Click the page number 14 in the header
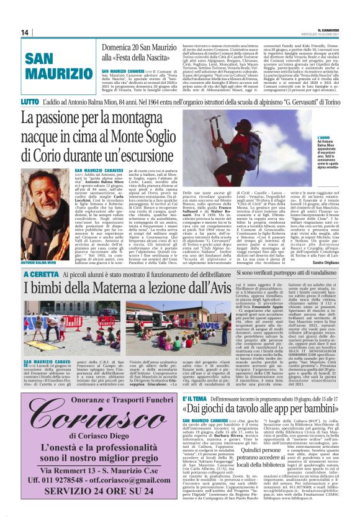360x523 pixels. click(x=24, y=32)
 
